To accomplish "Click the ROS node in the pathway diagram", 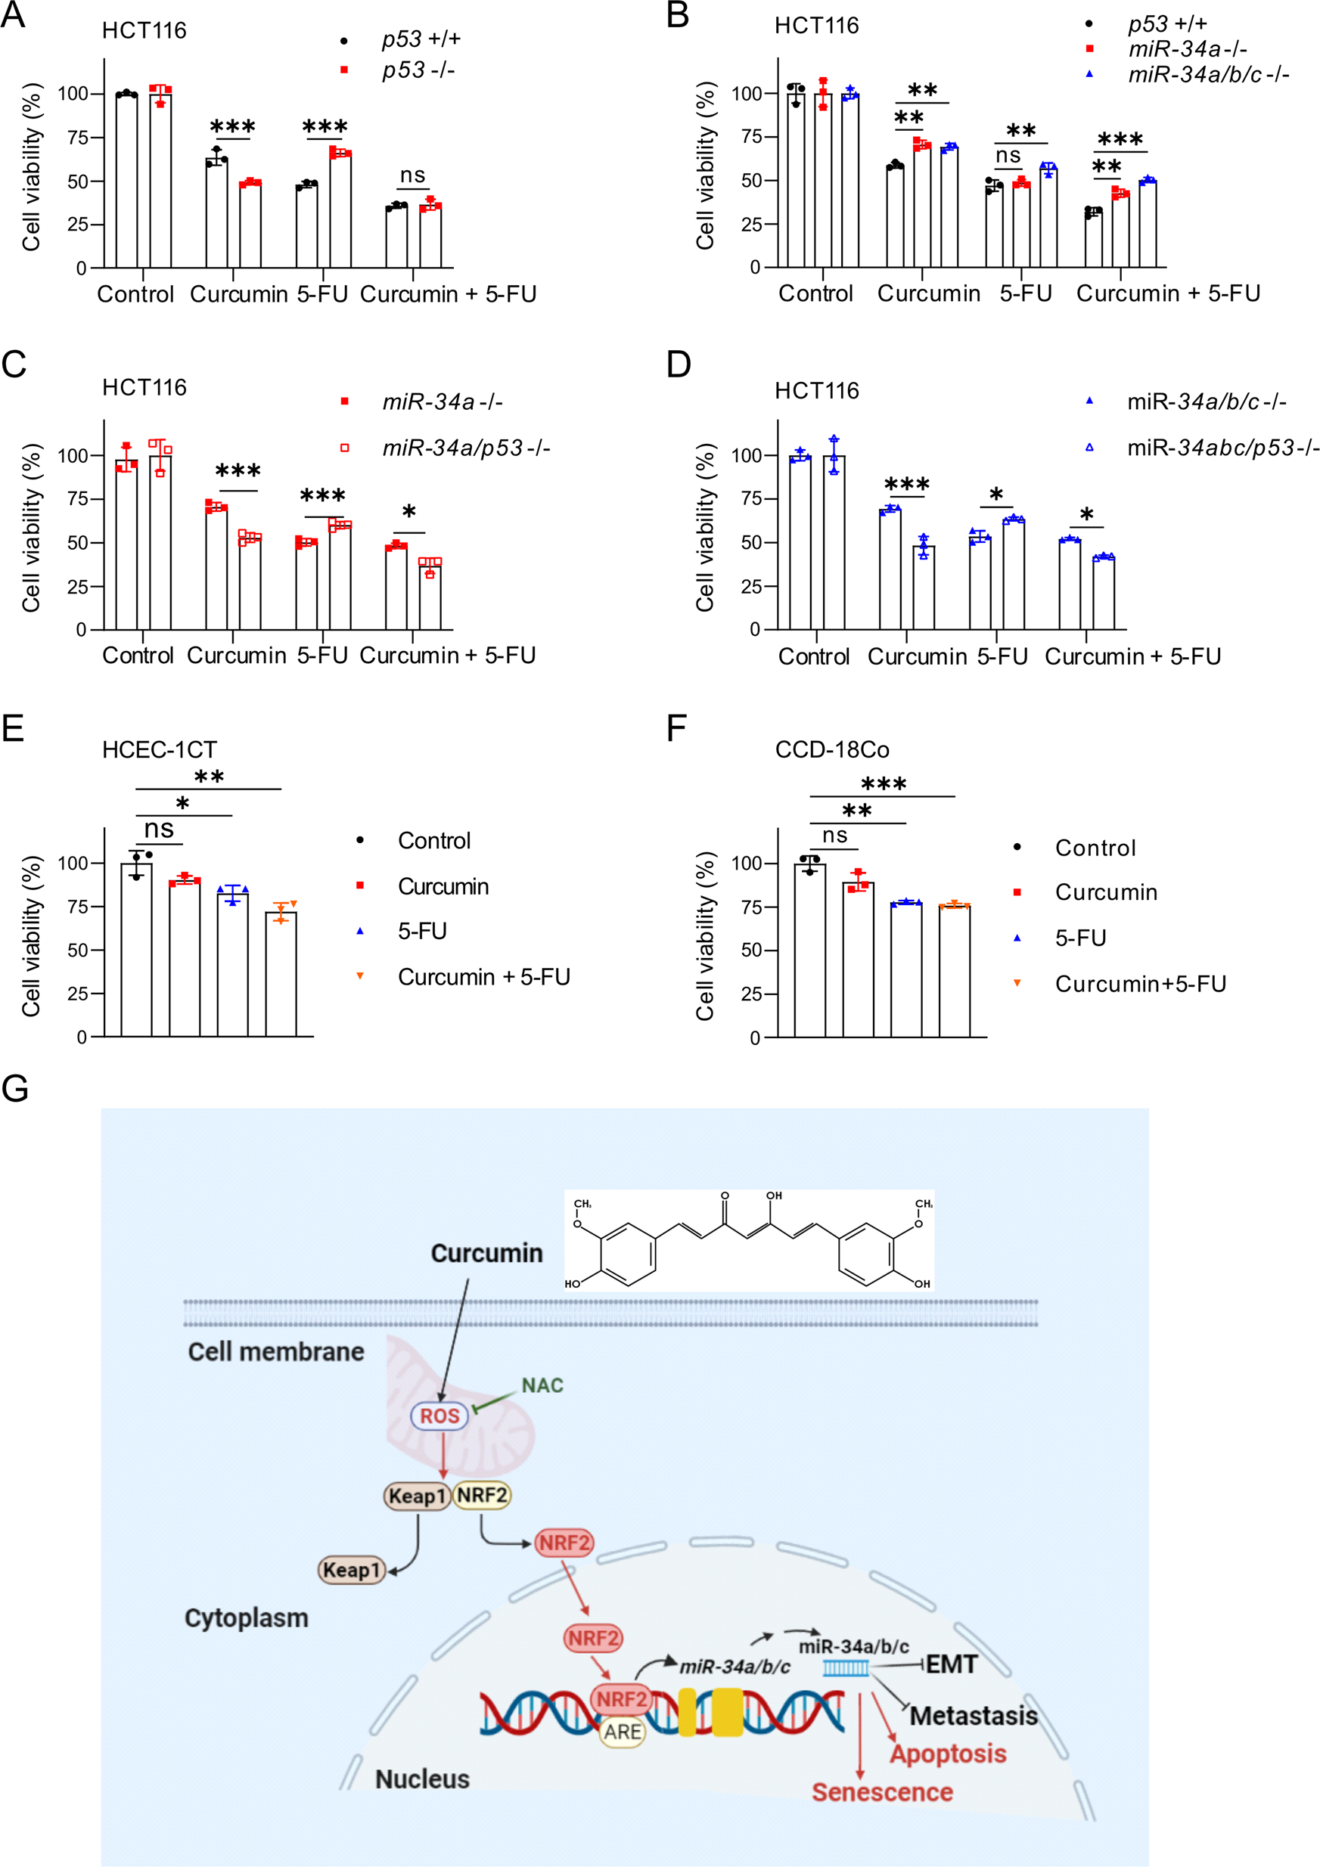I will pyautogui.click(x=439, y=1416).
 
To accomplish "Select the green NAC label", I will pyautogui.click(x=542, y=1385).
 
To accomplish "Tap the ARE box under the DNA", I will pyautogui.click(x=623, y=1732).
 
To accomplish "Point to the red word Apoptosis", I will pyautogui.click(x=948, y=1754).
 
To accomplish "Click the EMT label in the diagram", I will pyautogui.click(x=951, y=1664).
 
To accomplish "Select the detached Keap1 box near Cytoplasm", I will pyautogui.click(x=351, y=1569).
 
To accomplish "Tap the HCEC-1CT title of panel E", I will pyautogui.click(x=160, y=749).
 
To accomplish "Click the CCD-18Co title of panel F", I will pyautogui.click(x=831, y=749).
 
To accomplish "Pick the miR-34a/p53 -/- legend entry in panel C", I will pyautogui.click(x=465, y=448).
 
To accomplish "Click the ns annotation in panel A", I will pyautogui.click(x=412, y=175).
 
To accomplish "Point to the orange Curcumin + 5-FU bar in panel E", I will pyautogui.click(x=281, y=972).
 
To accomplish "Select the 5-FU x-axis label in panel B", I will pyautogui.click(x=1025, y=293).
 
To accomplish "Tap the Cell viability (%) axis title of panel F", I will pyautogui.click(x=704, y=935).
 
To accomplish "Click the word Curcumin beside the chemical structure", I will pyautogui.click(x=486, y=1253).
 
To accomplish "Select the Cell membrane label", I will pyautogui.click(x=275, y=1351).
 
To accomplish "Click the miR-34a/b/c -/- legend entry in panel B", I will pyautogui.click(x=1207, y=75).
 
